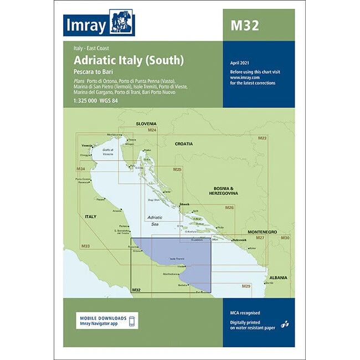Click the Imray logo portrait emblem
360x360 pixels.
(x=122, y=23)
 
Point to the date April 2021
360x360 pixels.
(x=240, y=65)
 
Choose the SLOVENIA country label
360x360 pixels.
(x=146, y=124)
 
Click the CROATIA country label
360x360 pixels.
(x=184, y=143)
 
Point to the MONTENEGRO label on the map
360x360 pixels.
(x=262, y=232)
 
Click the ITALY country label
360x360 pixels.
(x=90, y=216)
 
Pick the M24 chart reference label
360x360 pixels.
(x=152, y=130)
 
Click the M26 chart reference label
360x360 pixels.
(x=229, y=208)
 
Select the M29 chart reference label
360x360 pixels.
(x=246, y=286)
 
